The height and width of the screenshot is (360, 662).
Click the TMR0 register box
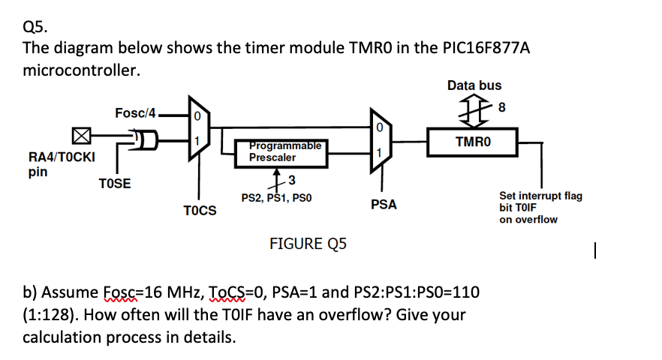coord(473,140)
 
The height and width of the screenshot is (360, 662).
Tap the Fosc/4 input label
coord(135,113)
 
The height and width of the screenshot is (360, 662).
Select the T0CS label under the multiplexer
coord(200,211)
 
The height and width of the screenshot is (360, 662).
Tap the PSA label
coord(384,204)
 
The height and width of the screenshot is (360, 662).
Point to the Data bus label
coord(474,85)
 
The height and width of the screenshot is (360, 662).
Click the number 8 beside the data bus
coord(501,107)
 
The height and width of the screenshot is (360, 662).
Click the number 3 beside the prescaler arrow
coord(291,179)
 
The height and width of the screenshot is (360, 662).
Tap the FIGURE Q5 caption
coord(308,244)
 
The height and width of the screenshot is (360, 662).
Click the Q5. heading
coord(35,27)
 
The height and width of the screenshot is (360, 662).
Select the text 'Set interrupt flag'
coord(540,196)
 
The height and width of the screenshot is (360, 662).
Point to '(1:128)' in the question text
coord(50,314)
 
